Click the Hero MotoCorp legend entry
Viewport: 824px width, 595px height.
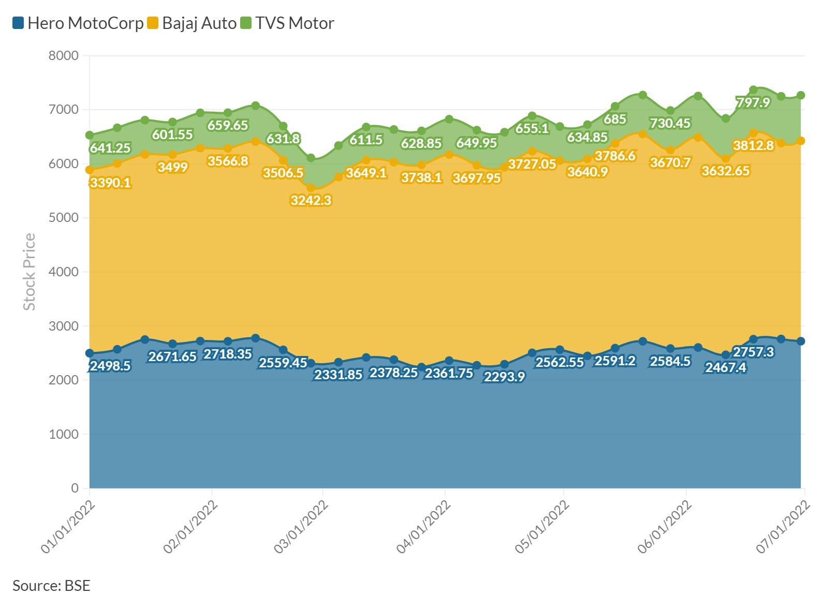pyautogui.click(x=78, y=23)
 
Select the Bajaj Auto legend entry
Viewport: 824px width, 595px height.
pyautogui.click(x=192, y=23)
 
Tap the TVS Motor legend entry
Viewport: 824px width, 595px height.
pyautogui.click(x=288, y=23)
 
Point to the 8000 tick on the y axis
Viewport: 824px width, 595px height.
pyautogui.click(x=64, y=55)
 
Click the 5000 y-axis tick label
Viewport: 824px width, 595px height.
pyautogui.click(x=64, y=218)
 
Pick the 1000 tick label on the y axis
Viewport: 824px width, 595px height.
pyautogui.click(x=64, y=434)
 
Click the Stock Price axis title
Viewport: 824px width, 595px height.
pyautogui.click(x=30, y=272)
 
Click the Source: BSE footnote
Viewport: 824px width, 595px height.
pyautogui.click(x=51, y=585)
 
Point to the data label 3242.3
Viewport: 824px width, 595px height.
pyautogui.click(x=311, y=200)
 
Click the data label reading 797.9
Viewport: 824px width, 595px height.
pyautogui.click(x=753, y=102)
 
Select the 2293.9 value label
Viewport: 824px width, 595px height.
pyautogui.click(x=504, y=377)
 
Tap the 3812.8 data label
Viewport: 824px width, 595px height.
pyautogui.click(x=753, y=145)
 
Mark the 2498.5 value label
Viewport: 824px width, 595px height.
pyautogui.click(x=110, y=366)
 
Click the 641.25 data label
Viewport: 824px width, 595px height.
pyautogui.click(x=110, y=148)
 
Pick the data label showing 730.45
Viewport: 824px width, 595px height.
pyautogui.click(x=670, y=123)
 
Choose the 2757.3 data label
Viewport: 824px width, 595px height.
pyautogui.click(x=753, y=352)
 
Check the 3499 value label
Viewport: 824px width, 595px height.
pyautogui.click(x=172, y=167)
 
